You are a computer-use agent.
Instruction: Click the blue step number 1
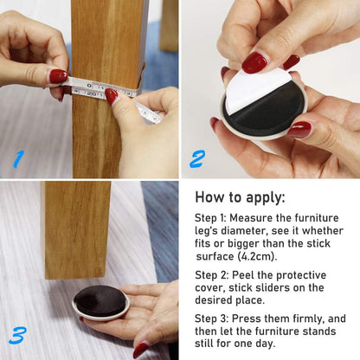18,159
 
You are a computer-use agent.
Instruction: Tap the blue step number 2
197,158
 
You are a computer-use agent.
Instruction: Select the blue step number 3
18,335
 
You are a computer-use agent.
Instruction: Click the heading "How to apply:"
240,198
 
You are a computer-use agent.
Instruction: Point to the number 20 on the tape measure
92,93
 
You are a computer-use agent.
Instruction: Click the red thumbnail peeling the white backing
254,62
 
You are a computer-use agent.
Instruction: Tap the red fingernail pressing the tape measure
111,96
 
